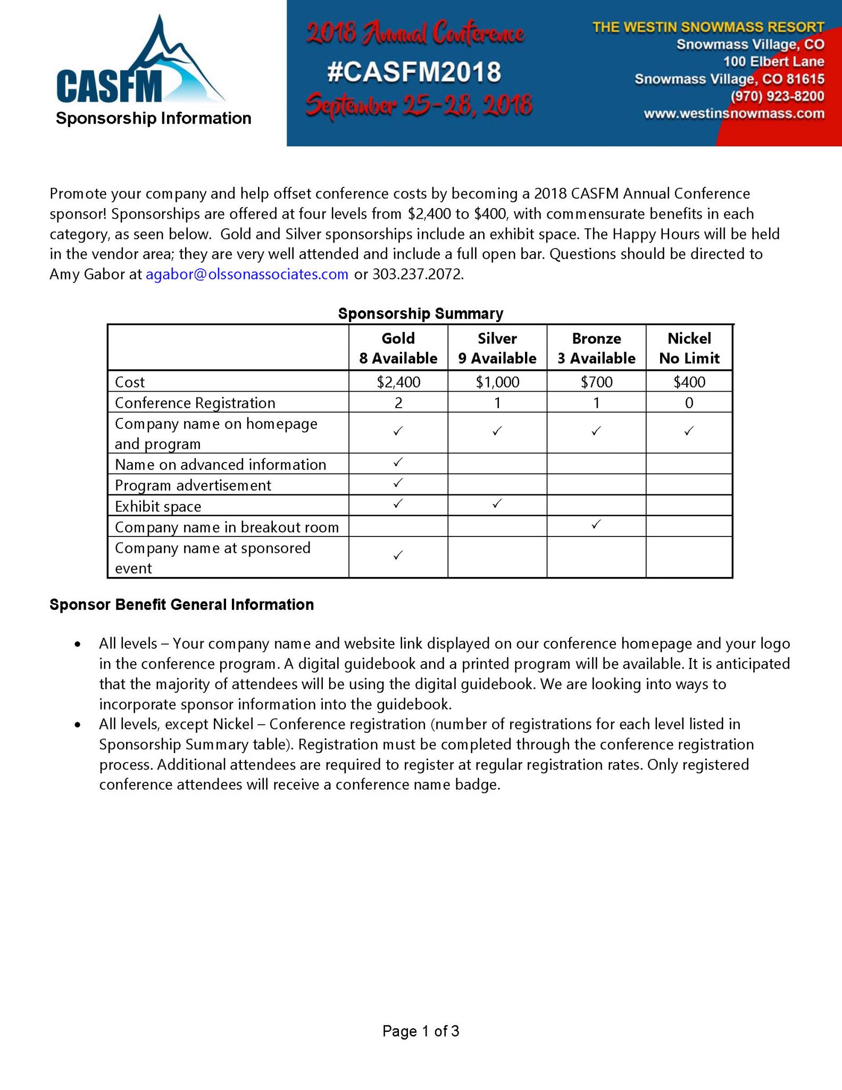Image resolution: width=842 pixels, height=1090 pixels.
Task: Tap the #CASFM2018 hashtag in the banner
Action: (x=414, y=72)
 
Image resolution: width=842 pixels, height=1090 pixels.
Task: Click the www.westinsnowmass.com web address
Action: (x=733, y=113)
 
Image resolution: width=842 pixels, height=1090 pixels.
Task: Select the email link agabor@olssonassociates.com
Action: (x=247, y=274)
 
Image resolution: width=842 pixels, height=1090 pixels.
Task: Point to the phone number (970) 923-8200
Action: (x=777, y=96)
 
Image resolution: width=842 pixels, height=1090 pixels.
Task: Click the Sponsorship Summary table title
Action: (x=420, y=313)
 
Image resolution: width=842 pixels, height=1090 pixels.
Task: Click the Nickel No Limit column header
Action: (x=689, y=348)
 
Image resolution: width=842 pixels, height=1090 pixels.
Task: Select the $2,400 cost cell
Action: (x=398, y=382)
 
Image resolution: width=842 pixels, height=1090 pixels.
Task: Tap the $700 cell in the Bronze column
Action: (x=596, y=382)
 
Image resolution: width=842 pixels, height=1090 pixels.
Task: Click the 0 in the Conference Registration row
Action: (x=689, y=403)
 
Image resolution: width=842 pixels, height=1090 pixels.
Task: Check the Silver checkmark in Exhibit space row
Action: (x=497, y=503)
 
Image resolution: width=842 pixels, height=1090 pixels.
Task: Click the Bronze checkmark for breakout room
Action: (x=596, y=524)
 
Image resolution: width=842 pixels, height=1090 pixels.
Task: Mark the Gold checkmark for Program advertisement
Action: (x=398, y=483)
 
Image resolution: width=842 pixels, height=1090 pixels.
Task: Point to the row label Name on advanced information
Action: (x=220, y=465)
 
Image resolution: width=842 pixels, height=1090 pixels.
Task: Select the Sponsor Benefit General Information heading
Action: (x=181, y=605)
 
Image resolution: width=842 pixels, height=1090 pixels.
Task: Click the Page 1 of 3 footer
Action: (x=420, y=1031)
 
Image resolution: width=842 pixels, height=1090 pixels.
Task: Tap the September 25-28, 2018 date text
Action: (x=419, y=104)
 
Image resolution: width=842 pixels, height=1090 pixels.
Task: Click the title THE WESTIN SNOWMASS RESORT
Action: (x=708, y=27)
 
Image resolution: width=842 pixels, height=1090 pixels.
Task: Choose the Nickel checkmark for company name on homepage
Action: (x=689, y=431)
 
